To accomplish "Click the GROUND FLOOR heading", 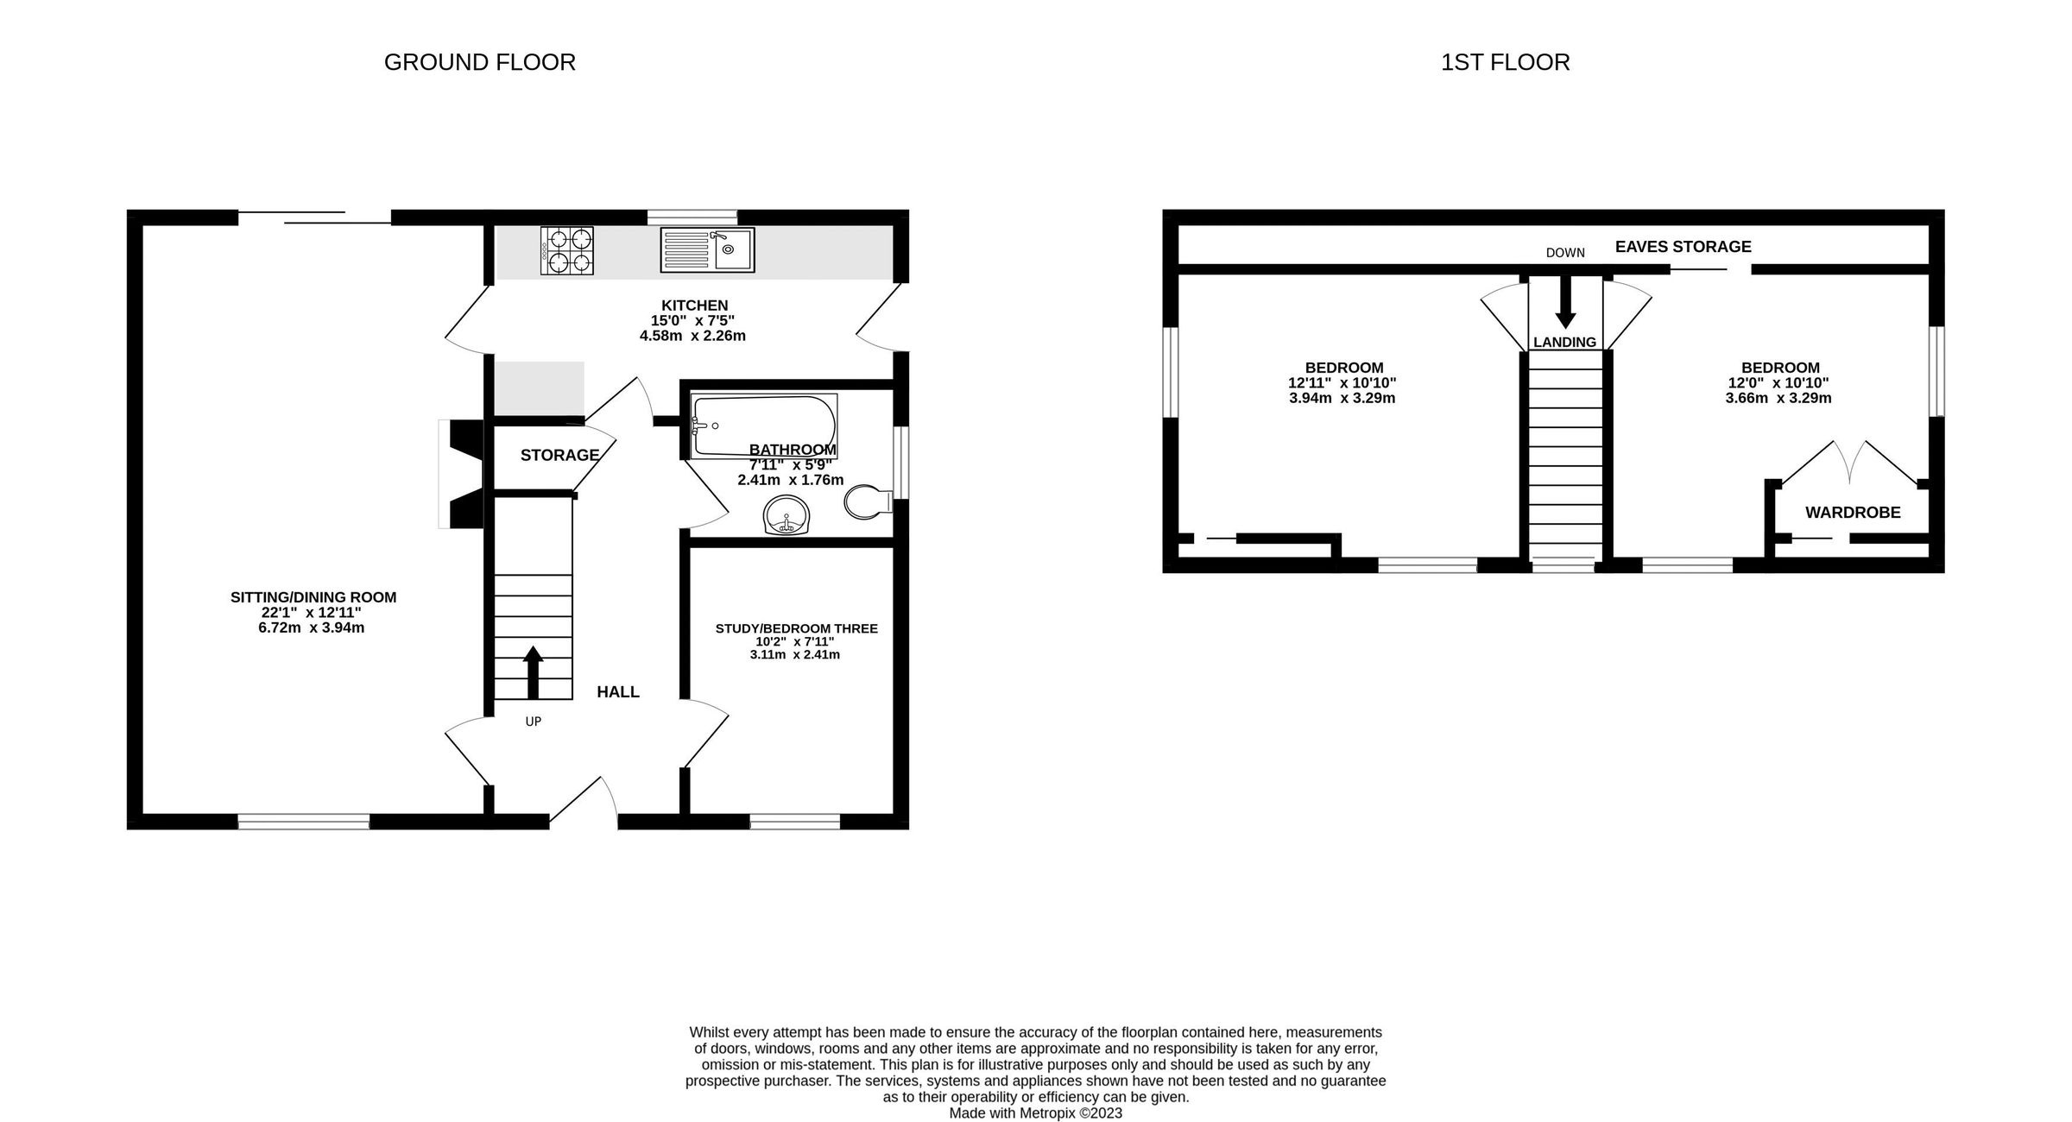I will [x=479, y=62].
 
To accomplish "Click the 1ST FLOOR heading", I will [x=1505, y=62].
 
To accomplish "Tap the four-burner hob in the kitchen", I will [x=567, y=250].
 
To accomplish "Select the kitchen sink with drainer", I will [x=707, y=249].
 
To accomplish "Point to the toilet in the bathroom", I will [x=868, y=501].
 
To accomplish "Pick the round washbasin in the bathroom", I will [x=786, y=517].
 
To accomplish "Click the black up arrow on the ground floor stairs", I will [x=533, y=671].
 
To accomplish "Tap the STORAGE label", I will [x=559, y=455].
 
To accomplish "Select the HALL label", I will [x=618, y=691].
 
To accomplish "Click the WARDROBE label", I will [x=1853, y=513].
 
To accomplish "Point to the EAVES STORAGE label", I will [x=1683, y=247].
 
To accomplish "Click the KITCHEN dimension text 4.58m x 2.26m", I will [x=692, y=336].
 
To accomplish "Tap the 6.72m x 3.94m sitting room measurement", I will [x=312, y=627].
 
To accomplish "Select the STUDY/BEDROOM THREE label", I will [x=796, y=628].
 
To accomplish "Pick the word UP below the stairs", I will [x=533, y=721].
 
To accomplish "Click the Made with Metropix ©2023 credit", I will [x=1035, y=1113].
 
